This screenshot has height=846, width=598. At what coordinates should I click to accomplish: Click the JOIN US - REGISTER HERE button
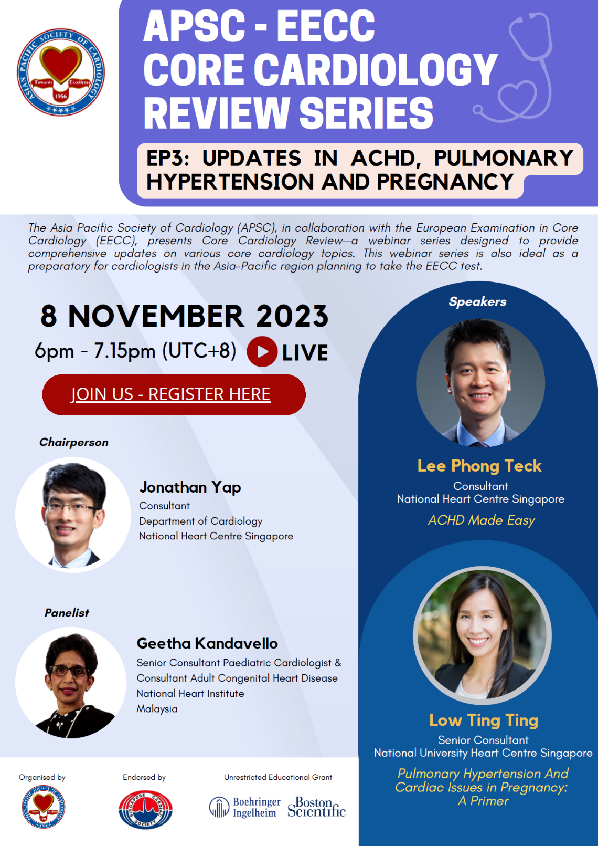coord(174,395)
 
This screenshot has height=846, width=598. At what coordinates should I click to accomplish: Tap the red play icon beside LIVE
coord(262,352)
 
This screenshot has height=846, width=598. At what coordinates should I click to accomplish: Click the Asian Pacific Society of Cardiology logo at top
coord(61,72)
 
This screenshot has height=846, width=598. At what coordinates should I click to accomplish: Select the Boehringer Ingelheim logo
coord(245,808)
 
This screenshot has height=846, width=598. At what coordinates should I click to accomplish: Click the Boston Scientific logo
coord(316,807)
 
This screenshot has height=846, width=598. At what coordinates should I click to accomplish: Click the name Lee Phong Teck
coord(479,466)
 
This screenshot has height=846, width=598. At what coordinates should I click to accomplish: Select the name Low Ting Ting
coord(484,720)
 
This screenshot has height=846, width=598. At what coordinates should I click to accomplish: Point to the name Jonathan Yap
coord(190,487)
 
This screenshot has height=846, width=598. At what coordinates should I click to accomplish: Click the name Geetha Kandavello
coord(207,643)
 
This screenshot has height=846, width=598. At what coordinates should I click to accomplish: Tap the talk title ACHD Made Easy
coord(482,520)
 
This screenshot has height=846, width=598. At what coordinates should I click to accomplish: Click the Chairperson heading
coord(74,442)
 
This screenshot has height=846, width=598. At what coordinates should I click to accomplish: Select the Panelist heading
coord(67,613)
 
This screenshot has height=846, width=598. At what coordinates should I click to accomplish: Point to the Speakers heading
coord(478,301)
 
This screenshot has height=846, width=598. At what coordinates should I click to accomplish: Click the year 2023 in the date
coord(292,316)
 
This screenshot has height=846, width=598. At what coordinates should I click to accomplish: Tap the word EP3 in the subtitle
coord(167,158)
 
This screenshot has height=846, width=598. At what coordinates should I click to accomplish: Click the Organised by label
coord(42,777)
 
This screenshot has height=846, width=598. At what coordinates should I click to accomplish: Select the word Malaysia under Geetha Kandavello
coord(157,709)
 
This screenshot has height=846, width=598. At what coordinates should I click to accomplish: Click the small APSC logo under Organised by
coord(44,807)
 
